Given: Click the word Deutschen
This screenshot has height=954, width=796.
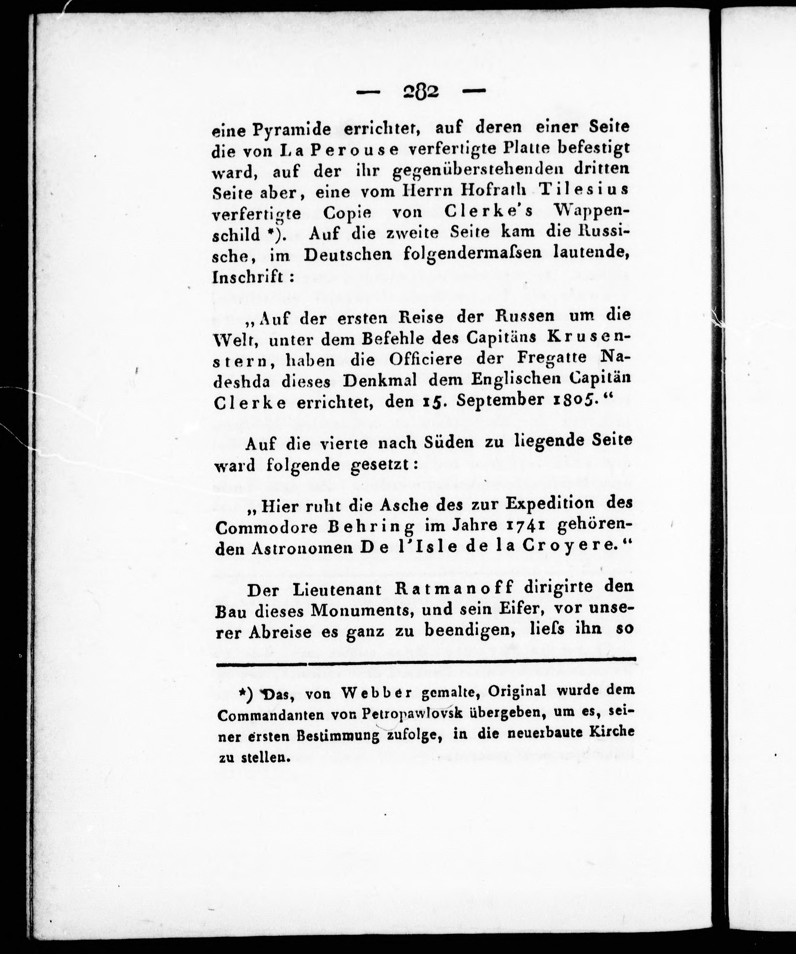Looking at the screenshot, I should point(348,254).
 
